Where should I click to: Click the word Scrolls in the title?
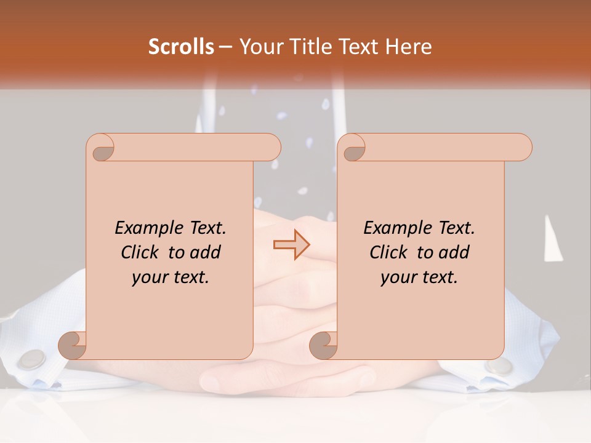pyautogui.click(x=181, y=47)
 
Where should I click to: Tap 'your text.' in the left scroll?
pyautogui.click(x=171, y=277)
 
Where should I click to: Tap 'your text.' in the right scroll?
pyautogui.click(x=419, y=277)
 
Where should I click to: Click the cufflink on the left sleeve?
pyautogui.click(x=33, y=359)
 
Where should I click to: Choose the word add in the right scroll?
pyautogui.click(x=453, y=252)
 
